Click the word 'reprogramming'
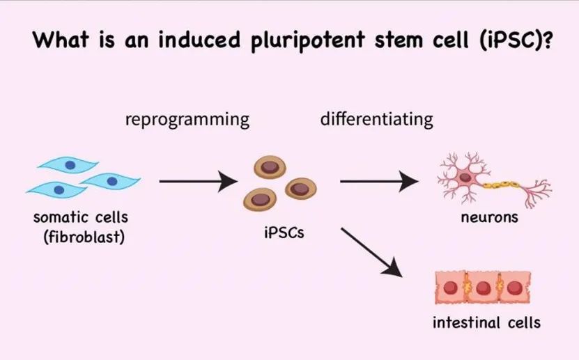tap(187, 119)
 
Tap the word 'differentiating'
tap(376, 119)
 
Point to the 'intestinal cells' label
tap(486, 322)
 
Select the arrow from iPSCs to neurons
tap(380, 182)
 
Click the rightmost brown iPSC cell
tap(300, 188)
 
